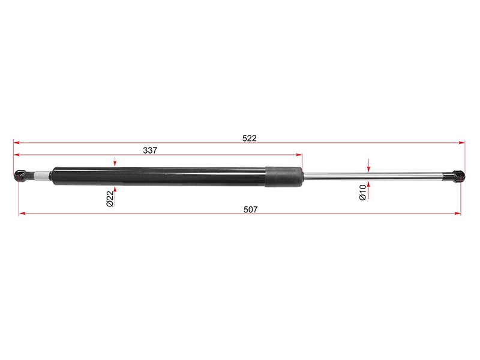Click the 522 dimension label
[249, 138]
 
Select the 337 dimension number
[150, 151]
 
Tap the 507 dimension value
[250, 209]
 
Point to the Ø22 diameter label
[110, 199]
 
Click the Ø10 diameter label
[362, 192]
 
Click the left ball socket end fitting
[20, 176]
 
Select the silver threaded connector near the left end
[42, 176]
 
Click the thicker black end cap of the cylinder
[284, 176]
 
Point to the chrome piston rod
[373, 176]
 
